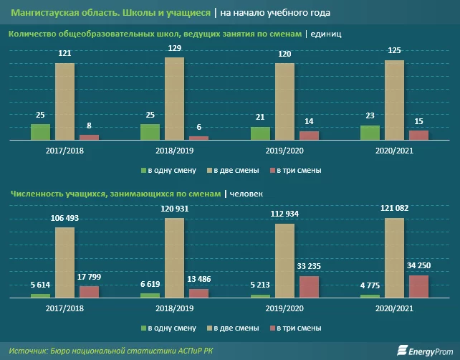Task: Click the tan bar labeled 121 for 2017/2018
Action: [x=64, y=101]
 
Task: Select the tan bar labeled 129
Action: [x=174, y=98]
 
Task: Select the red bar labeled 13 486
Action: [x=198, y=293]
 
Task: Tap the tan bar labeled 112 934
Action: [x=284, y=260]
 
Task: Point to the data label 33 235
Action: [x=309, y=267]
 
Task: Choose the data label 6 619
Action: [x=150, y=284]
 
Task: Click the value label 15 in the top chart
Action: [x=418, y=121]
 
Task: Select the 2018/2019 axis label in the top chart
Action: [x=174, y=151]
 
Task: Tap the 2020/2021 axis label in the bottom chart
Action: [x=394, y=308]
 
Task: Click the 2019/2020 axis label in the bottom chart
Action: [x=284, y=308]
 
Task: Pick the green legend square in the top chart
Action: [x=143, y=171]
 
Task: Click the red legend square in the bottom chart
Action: [x=272, y=328]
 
